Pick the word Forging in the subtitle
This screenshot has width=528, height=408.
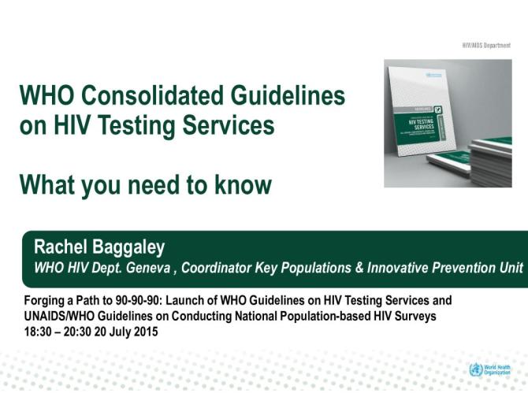coord(46,301)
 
